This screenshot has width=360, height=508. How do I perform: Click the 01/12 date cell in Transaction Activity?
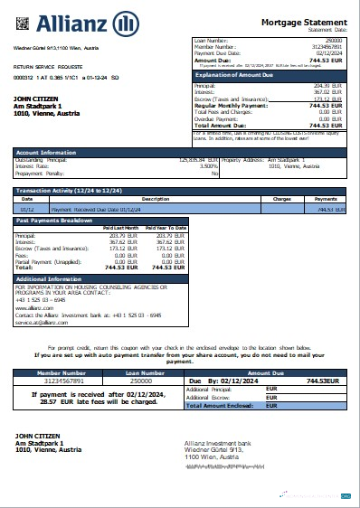(27, 208)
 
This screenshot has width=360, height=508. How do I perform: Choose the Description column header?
(156, 198)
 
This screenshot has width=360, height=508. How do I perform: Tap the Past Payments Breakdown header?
(55, 221)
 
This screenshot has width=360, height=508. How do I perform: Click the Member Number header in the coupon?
(60, 371)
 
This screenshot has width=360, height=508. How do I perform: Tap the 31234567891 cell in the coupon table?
(60, 381)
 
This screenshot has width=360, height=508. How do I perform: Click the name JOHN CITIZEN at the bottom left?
(36, 436)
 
